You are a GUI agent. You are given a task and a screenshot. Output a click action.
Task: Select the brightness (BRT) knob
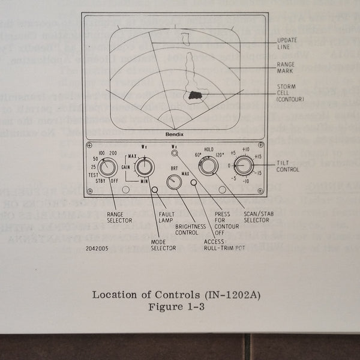coord(175,182)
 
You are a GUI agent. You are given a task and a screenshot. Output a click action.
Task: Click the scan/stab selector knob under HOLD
coord(208,165)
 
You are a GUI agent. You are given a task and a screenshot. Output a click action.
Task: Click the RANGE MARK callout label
coord(286,67)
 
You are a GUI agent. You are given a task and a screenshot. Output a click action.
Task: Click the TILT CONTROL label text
coord(287,166)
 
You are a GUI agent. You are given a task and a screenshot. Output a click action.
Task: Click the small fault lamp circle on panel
coord(155,190)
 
